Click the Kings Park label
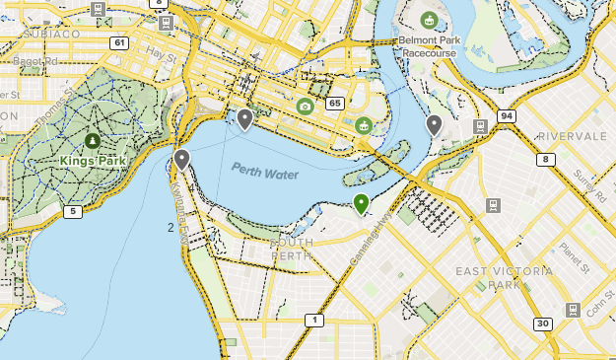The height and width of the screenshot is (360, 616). pos(92,161)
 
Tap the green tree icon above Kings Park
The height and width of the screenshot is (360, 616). pos(93,141)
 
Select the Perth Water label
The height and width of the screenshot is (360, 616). pos(265,171)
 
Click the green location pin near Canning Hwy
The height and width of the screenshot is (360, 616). pos(361,203)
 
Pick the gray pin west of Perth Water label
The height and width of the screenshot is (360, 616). pos(245,119)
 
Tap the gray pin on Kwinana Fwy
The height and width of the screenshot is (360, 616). pos(181,159)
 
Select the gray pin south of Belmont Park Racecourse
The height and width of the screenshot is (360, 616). pos(434,124)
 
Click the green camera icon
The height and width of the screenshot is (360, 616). pos(306,106)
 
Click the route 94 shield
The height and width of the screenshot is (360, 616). pos(507,115)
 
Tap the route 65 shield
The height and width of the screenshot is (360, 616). pos(335,103)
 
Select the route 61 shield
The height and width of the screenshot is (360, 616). pos(119,42)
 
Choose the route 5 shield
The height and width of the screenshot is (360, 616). pos(72,211)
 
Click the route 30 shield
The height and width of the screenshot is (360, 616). pos(542,324)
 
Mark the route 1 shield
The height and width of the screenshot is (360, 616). pos(313,320)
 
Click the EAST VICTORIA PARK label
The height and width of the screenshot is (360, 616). pos(488,277)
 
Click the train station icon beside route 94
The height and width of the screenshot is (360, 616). pos(480,126)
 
